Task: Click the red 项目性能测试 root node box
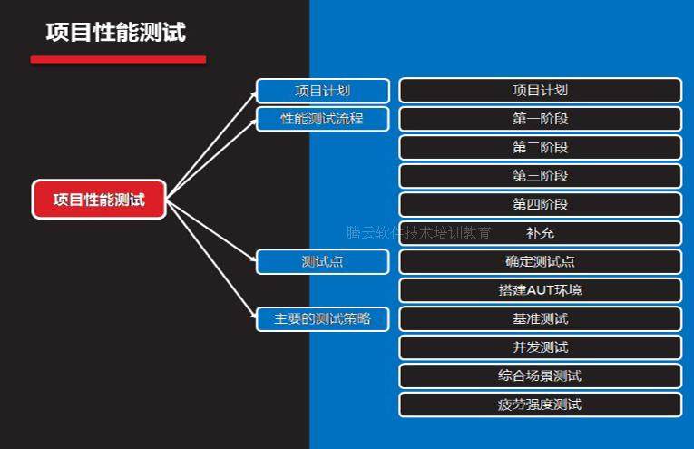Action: point(100,200)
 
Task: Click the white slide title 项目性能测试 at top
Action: point(116,33)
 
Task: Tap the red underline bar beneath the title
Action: point(118,60)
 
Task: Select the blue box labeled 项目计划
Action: point(323,91)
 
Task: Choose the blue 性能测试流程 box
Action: point(323,119)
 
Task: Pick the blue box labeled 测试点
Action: point(323,262)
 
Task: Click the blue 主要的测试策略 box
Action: point(323,319)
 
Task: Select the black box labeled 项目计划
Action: point(540,91)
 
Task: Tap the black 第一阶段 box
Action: point(540,119)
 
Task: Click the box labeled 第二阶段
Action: point(540,147)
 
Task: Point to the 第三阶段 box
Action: point(540,176)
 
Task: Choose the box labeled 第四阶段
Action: point(540,204)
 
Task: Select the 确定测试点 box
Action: point(540,262)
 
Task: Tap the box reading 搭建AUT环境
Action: point(540,290)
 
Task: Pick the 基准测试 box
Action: point(540,319)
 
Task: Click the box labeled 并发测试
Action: point(540,347)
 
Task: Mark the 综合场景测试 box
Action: point(540,376)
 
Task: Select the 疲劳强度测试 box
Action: point(540,405)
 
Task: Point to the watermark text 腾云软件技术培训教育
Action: point(419,233)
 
